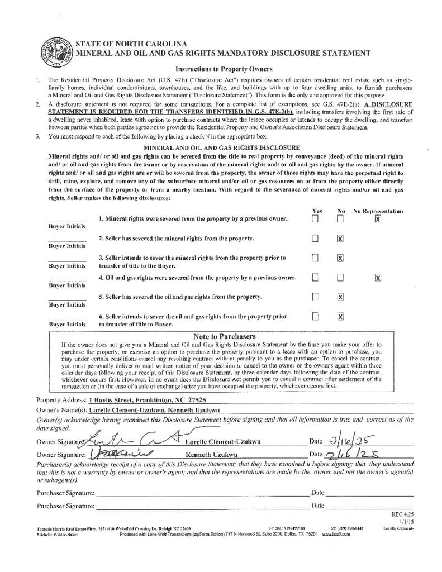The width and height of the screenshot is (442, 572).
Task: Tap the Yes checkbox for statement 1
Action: [315, 219]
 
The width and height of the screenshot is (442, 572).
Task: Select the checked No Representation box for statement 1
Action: [378, 219]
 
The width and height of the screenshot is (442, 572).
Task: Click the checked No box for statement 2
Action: [340, 239]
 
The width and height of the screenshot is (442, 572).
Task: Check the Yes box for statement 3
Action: [315, 258]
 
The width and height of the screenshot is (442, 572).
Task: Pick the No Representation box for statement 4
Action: [378, 278]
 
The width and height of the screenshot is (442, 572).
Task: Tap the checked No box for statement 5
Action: [340, 297]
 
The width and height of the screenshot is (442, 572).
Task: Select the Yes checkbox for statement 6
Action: [315, 317]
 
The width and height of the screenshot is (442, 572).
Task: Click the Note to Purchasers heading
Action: [224, 336]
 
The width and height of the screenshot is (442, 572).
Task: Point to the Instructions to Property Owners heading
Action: [220, 69]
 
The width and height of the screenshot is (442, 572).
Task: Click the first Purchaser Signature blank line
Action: [201, 493]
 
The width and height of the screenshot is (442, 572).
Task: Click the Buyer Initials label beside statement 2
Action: [67, 246]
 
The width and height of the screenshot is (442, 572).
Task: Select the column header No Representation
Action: [378, 211]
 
